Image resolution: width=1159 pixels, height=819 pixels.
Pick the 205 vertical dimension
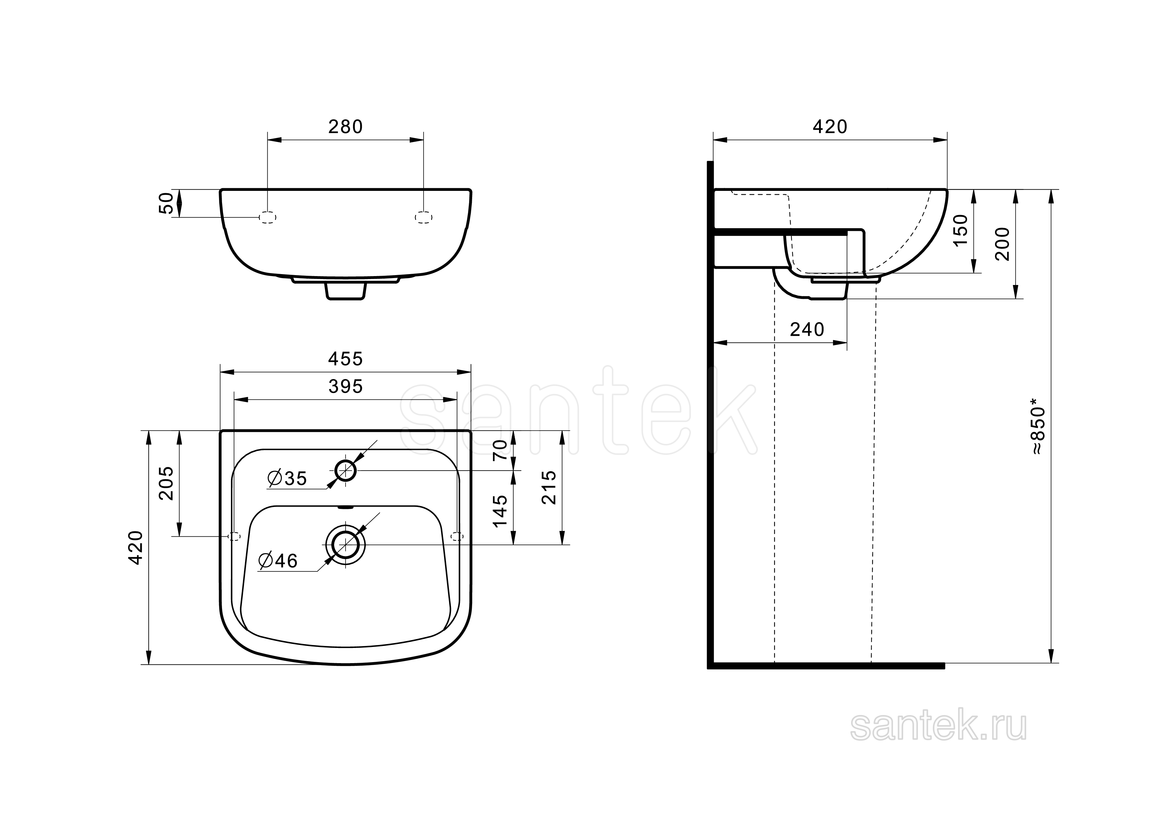[x=167, y=483]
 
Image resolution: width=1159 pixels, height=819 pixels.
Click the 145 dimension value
[x=500, y=511]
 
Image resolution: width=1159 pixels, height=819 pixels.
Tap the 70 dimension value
[x=500, y=449]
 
